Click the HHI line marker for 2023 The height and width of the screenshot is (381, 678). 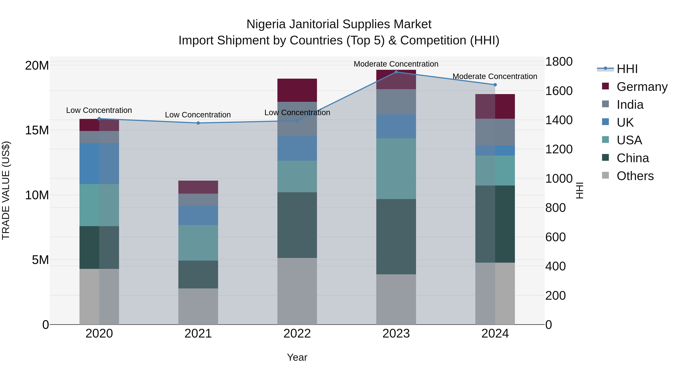pos(396,72)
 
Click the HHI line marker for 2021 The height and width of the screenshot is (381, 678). pos(198,123)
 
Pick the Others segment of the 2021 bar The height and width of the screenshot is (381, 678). pos(198,306)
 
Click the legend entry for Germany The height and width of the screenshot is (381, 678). pos(642,87)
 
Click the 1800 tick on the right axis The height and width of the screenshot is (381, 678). pos(559,62)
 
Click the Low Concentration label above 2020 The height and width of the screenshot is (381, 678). pos(99,110)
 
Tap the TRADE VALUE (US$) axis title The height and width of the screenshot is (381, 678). pos(6,190)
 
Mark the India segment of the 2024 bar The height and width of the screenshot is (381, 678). pos(495,132)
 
